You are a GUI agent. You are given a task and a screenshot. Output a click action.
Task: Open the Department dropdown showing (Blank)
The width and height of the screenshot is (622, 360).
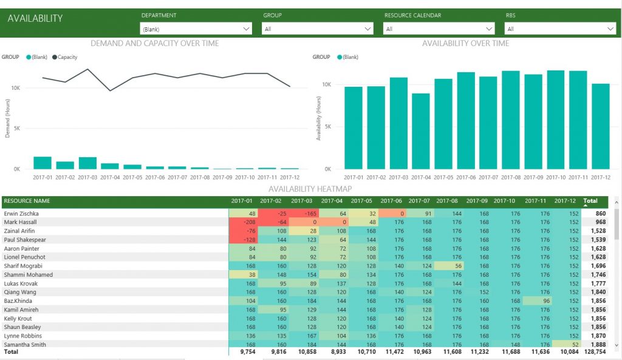(196, 29)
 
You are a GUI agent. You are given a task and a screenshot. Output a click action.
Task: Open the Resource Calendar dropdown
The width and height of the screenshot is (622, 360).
(439, 29)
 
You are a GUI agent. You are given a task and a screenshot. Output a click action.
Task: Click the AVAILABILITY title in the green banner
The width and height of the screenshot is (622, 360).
(35, 18)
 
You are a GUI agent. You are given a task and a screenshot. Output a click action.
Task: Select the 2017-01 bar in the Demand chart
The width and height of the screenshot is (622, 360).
(43, 163)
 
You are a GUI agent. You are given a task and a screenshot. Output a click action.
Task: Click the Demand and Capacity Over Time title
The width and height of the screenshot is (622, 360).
(154, 43)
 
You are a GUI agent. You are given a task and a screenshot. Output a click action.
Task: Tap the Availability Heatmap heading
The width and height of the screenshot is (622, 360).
(310, 189)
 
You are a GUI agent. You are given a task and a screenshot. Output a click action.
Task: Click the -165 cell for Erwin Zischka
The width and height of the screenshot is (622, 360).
(304, 214)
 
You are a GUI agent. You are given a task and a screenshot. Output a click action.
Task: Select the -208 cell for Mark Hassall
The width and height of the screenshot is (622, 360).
(243, 222)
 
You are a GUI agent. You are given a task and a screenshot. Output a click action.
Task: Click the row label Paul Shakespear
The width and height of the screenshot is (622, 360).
(25, 240)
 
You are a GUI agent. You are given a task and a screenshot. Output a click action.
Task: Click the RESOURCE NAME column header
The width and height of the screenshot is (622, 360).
(27, 201)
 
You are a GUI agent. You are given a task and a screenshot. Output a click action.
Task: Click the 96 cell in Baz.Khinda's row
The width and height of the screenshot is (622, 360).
(537, 301)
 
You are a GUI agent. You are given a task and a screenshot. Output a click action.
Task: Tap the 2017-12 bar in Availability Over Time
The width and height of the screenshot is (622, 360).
(601, 126)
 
